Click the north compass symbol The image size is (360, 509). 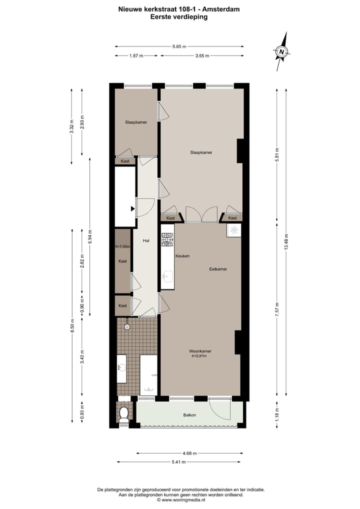pos(282,51)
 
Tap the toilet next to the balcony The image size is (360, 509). pos(123,413)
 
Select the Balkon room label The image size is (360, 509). pos(189,415)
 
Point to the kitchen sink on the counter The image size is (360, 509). pos(167,276)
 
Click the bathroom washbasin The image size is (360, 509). pos(120,368)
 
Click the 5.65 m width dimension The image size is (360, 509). pos(179,46)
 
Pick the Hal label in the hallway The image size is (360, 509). pos(146,240)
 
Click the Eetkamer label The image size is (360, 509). pos(218,269)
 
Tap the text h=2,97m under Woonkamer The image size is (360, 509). pos(198,356)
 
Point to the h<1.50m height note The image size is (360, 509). pos(122,246)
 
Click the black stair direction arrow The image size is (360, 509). pos(132,208)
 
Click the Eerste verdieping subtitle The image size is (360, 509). pos(179,16)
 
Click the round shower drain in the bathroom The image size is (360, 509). pos(127,326)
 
